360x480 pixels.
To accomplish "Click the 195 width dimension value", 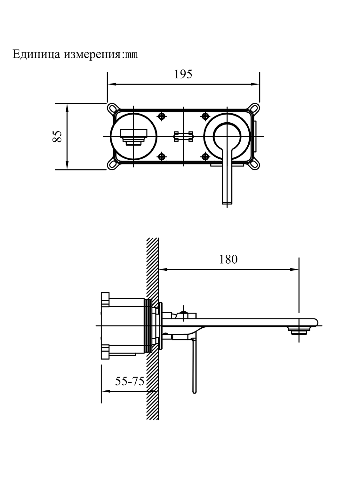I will [x=183, y=74].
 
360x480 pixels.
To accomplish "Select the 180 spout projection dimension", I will [x=228, y=259].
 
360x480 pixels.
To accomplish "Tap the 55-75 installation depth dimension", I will [x=130, y=381].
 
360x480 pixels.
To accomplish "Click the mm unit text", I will [x=131, y=55].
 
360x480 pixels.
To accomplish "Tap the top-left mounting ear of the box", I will [x=112, y=108].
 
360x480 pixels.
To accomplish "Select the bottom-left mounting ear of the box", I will [x=112, y=165].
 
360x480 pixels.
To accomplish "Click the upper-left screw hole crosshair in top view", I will [x=163, y=116].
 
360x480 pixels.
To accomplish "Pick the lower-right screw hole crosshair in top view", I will [x=205, y=156].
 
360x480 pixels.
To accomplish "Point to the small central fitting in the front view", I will [x=183, y=136].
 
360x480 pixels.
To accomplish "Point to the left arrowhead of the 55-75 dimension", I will [x=104, y=391].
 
